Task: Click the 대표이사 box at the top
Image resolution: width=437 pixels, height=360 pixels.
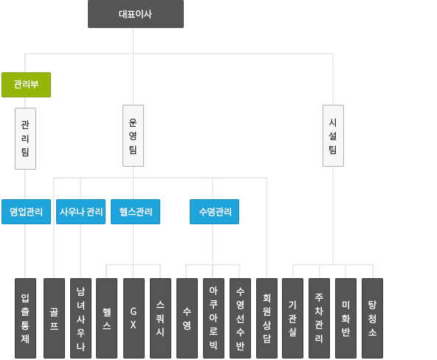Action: (x=136, y=14)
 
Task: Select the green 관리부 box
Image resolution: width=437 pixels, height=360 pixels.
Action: (x=26, y=85)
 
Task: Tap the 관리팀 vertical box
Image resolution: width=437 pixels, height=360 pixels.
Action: (x=25, y=139)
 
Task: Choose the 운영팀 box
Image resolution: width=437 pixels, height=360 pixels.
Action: (x=133, y=136)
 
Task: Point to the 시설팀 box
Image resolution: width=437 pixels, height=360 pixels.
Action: (x=334, y=136)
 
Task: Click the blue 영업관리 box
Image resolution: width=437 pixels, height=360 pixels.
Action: (x=26, y=212)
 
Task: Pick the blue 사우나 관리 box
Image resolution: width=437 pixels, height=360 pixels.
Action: (x=80, y=212)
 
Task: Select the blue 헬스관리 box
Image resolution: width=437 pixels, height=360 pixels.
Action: (x=135, y=212)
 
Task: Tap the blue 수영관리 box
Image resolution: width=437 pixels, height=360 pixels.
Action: (x=214, y=212)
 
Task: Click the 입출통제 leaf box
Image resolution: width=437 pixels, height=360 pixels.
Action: (x=25, y=318)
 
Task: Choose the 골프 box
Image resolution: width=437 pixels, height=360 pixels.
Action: (x=54, y=318)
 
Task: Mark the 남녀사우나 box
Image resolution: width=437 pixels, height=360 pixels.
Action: (x=80, y=318)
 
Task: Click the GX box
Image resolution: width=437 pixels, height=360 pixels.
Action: (x=134, y=318)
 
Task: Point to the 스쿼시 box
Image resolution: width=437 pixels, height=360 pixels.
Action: (x=160, y=318)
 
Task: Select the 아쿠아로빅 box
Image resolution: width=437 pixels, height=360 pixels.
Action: (x=213, y=318)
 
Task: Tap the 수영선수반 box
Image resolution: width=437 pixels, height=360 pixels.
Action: (x=240, y=318)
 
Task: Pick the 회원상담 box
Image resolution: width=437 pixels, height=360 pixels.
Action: (x=266, y=318)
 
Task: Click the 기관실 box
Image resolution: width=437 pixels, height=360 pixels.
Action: (x=292, y=318)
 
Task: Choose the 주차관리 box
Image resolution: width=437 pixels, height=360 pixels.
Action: (x=320, y=318)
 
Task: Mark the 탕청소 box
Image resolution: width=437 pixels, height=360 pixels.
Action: (x=372, y=318)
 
